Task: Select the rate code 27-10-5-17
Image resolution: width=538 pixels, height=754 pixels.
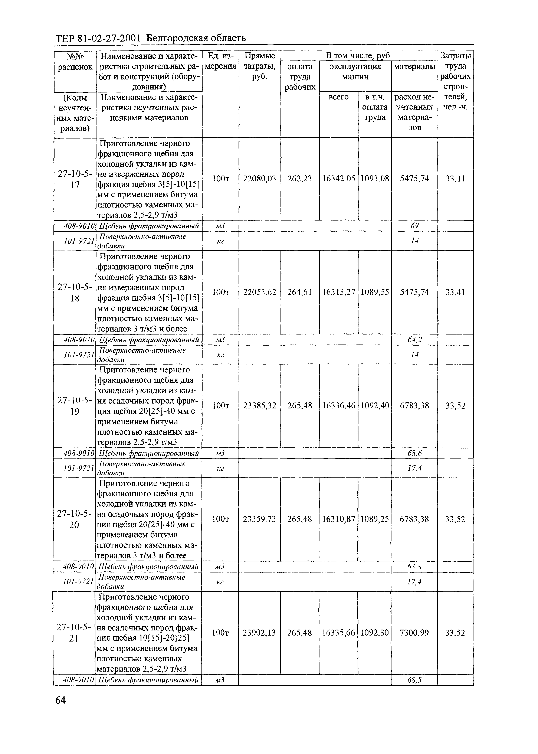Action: tap(75, 179)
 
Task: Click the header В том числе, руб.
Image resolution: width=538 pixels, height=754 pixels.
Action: tap(359, 55)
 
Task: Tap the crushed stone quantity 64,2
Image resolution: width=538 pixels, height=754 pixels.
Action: tap(414, 340)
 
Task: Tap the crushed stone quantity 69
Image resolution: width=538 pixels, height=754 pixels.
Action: tap(414, 226)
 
